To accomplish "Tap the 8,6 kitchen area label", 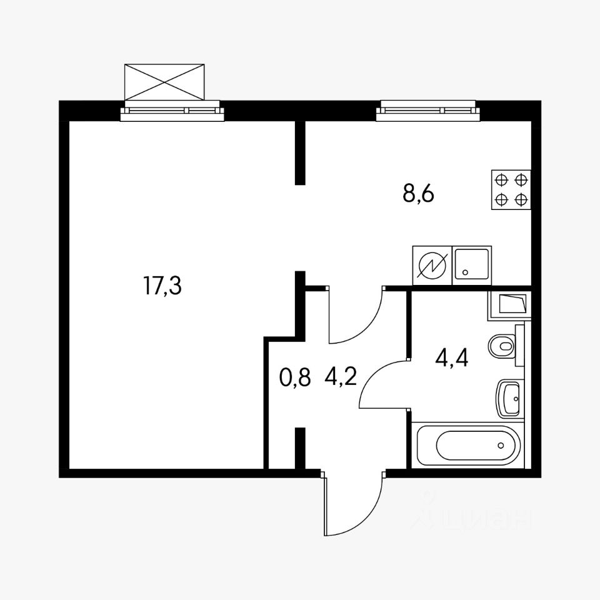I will coord(418,194).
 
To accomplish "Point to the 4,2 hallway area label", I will coord(341,377).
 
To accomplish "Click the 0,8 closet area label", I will coord(294,377).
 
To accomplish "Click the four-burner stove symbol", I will coord(511,190).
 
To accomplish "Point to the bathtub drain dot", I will coord(501,446).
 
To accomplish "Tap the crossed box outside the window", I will coord(165,81).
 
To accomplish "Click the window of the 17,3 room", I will coord(172,111).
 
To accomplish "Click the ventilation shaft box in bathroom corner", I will coord(509,305).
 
